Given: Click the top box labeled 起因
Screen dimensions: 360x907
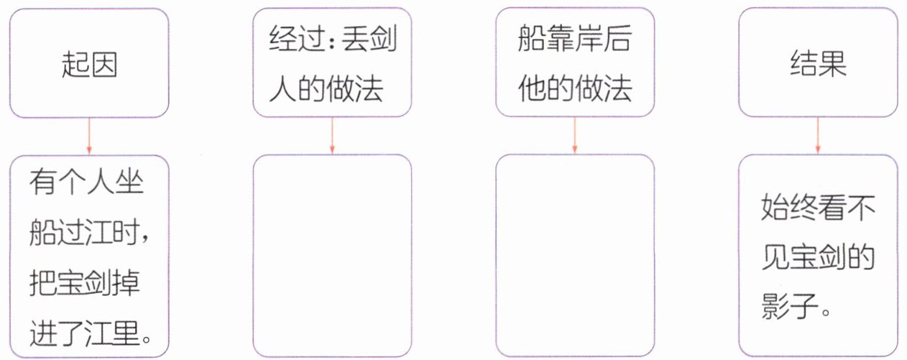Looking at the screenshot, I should (x=88, y=65).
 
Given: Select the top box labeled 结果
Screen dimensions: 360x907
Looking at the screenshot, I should (x=817, y=65).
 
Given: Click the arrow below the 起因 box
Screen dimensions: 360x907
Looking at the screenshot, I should (x=88, y=136).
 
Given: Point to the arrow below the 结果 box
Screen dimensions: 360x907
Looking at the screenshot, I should (x=817, y=136).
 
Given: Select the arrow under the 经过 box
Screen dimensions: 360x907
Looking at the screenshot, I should (x=331, y=136).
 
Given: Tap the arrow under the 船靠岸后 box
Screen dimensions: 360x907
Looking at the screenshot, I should (x=574, y=136).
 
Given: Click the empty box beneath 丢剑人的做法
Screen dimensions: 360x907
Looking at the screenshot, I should (x=331, y=255).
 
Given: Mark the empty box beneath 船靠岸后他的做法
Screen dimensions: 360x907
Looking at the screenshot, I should (x=574, y=255).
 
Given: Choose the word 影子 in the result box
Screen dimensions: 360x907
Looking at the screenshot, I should (x=788, y=310).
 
